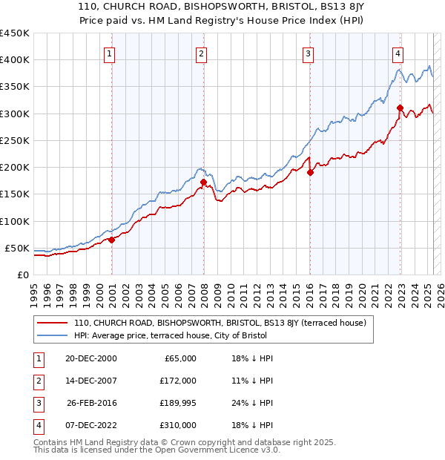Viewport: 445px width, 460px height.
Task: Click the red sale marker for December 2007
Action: (202, 180)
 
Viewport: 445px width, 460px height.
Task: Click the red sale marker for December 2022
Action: (400, 108)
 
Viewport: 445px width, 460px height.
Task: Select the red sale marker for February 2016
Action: (310, 172)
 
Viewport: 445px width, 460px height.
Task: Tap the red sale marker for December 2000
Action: (111, 240)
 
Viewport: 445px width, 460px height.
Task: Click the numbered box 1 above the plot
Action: (110, 53)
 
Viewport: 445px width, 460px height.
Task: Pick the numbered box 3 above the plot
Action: (307, 53)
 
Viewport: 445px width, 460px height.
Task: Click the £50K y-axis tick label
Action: (17, 248)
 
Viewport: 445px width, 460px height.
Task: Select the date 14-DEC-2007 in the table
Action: (91, 381)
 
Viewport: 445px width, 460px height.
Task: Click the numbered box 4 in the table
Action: (36, 425)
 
